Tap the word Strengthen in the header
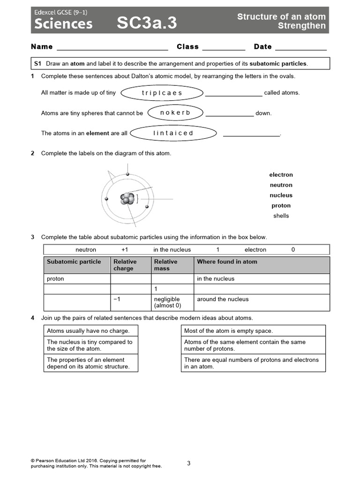point(301,26)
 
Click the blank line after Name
point(112,47)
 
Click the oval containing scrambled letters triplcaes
point(161,93)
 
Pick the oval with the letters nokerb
point(175,113)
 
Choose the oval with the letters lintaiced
point(173,133)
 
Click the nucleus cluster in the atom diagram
point(127,199)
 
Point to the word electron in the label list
point(281,175)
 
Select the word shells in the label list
point(281,216)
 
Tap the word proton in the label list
point(281,206)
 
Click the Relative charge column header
point(125,265)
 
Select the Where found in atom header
point(227,262)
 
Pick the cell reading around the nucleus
point(223,299)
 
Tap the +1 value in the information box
point(125,250)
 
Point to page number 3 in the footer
point(188,464)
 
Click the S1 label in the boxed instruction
point(38,63)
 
